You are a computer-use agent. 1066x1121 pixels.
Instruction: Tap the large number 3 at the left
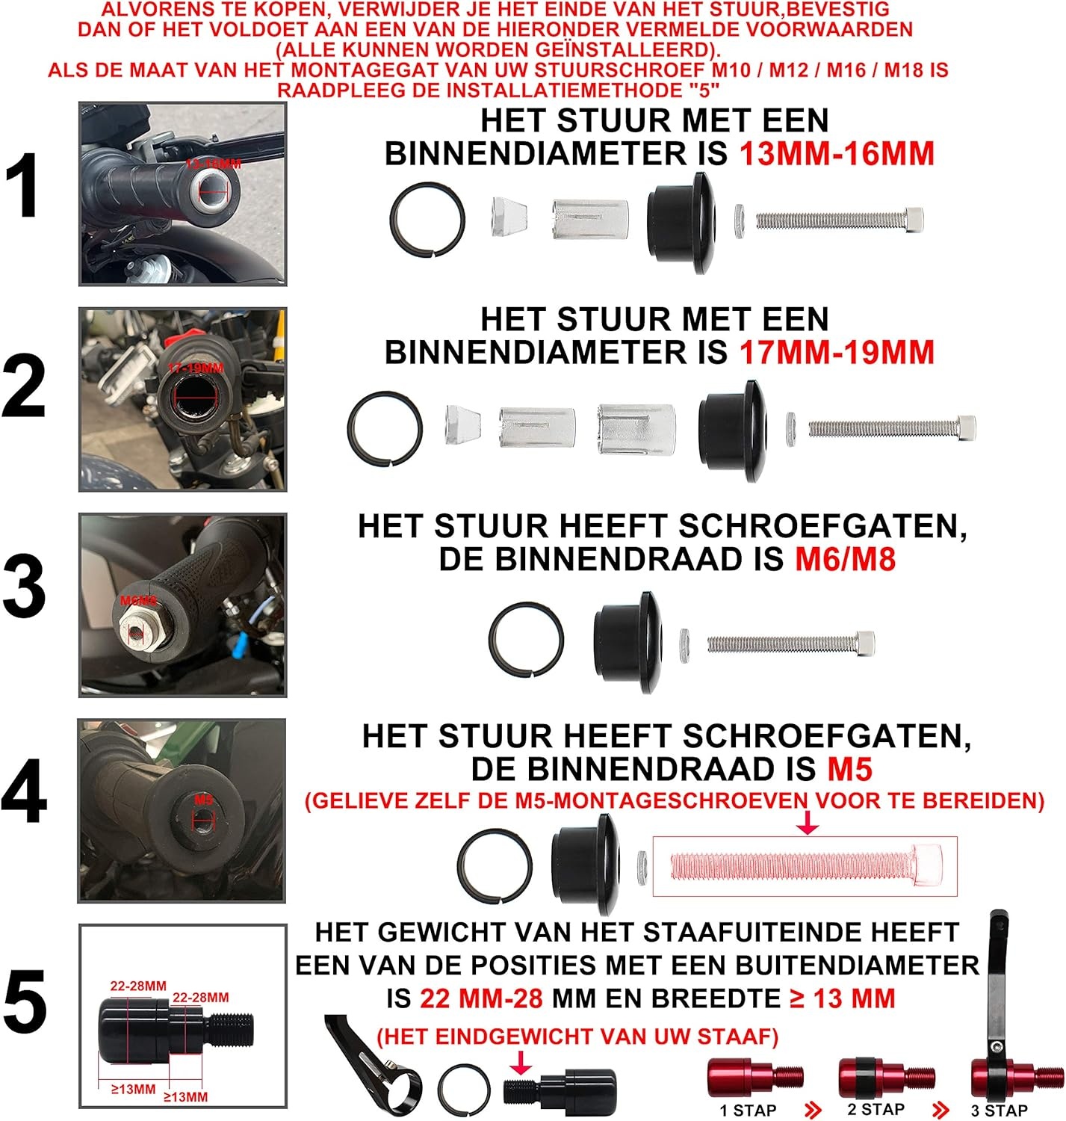25,587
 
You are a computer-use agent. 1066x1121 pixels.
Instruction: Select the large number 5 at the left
25,1001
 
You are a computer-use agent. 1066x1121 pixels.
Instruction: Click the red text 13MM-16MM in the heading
837,154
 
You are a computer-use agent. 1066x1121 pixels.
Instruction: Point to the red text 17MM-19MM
837,352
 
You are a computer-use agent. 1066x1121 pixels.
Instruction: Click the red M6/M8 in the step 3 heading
845,559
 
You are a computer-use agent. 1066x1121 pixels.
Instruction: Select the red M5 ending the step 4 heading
850,769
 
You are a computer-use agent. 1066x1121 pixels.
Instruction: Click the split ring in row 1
427,220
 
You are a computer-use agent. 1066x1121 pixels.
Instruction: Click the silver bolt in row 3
790,643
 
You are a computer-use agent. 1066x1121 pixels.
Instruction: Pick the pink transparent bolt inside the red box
805,865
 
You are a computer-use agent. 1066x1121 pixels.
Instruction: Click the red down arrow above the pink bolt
808,824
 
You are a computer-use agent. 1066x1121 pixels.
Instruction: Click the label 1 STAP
748,1110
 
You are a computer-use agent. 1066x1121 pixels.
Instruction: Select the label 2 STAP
876,1109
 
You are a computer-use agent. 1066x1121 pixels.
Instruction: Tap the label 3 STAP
999,1110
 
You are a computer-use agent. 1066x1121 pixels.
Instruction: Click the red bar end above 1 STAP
754,1077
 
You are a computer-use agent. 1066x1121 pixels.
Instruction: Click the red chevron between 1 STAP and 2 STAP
814,1110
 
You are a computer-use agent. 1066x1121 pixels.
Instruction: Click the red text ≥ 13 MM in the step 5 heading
842,998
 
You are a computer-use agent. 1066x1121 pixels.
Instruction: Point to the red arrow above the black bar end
522,1062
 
